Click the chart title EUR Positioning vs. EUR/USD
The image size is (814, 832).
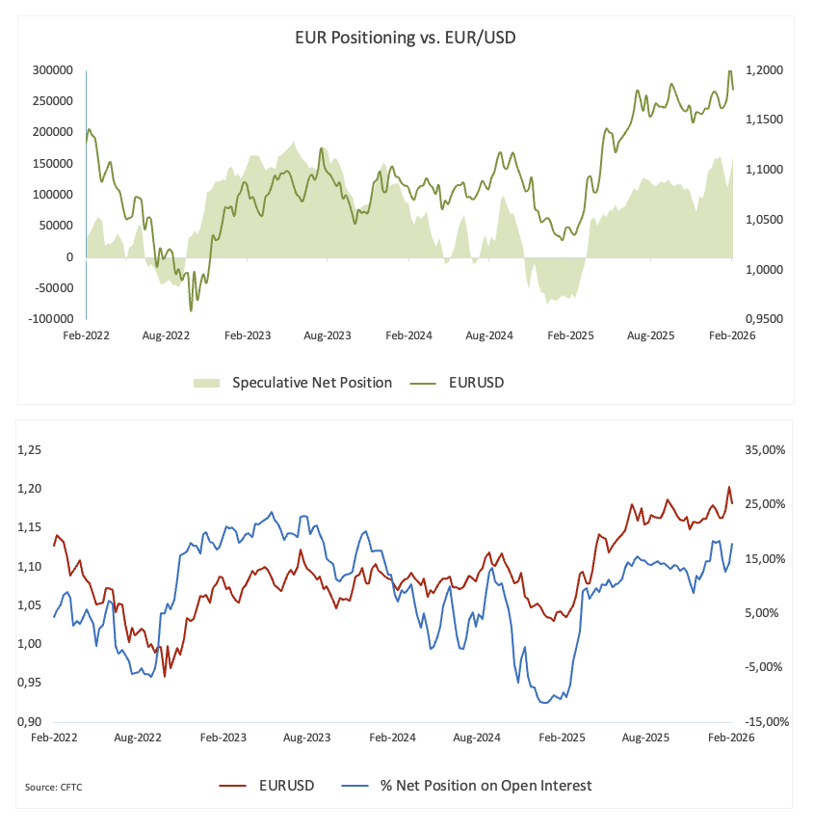click(x=407, y=38)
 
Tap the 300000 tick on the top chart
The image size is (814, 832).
click(x=53, y=70)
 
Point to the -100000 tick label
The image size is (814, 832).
click(x=49, y=318)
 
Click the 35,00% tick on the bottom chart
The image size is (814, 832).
click(x=760, y=450)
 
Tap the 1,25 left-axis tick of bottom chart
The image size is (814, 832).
click(x=33, y=450)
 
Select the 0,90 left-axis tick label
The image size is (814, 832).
click(x=33, y=721)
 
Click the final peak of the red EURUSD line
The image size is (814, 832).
click(x=729, y=487)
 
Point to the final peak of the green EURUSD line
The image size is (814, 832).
click(x=730, y=71)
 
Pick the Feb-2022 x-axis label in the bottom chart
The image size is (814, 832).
click(x=54, y=738)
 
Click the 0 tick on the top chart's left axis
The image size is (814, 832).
click(x=69, y=256)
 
